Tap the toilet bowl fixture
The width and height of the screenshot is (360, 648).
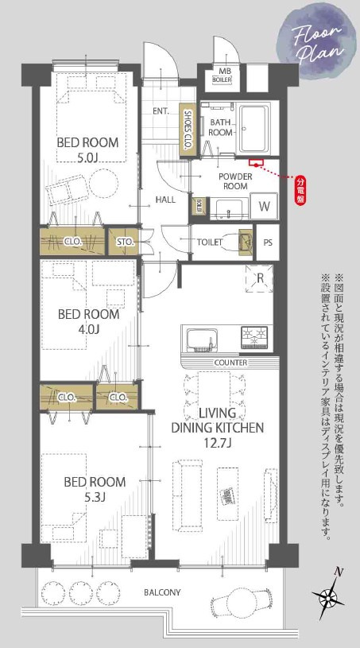[231, 240]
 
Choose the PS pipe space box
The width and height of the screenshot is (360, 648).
[268, 242]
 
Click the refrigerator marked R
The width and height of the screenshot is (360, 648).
[259, 278]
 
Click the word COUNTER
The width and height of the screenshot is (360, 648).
[230, 363]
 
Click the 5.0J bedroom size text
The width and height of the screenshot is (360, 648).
[87, 158]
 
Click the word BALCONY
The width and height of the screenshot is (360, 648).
[162, 592]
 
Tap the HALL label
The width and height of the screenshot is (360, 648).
[165, 200]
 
